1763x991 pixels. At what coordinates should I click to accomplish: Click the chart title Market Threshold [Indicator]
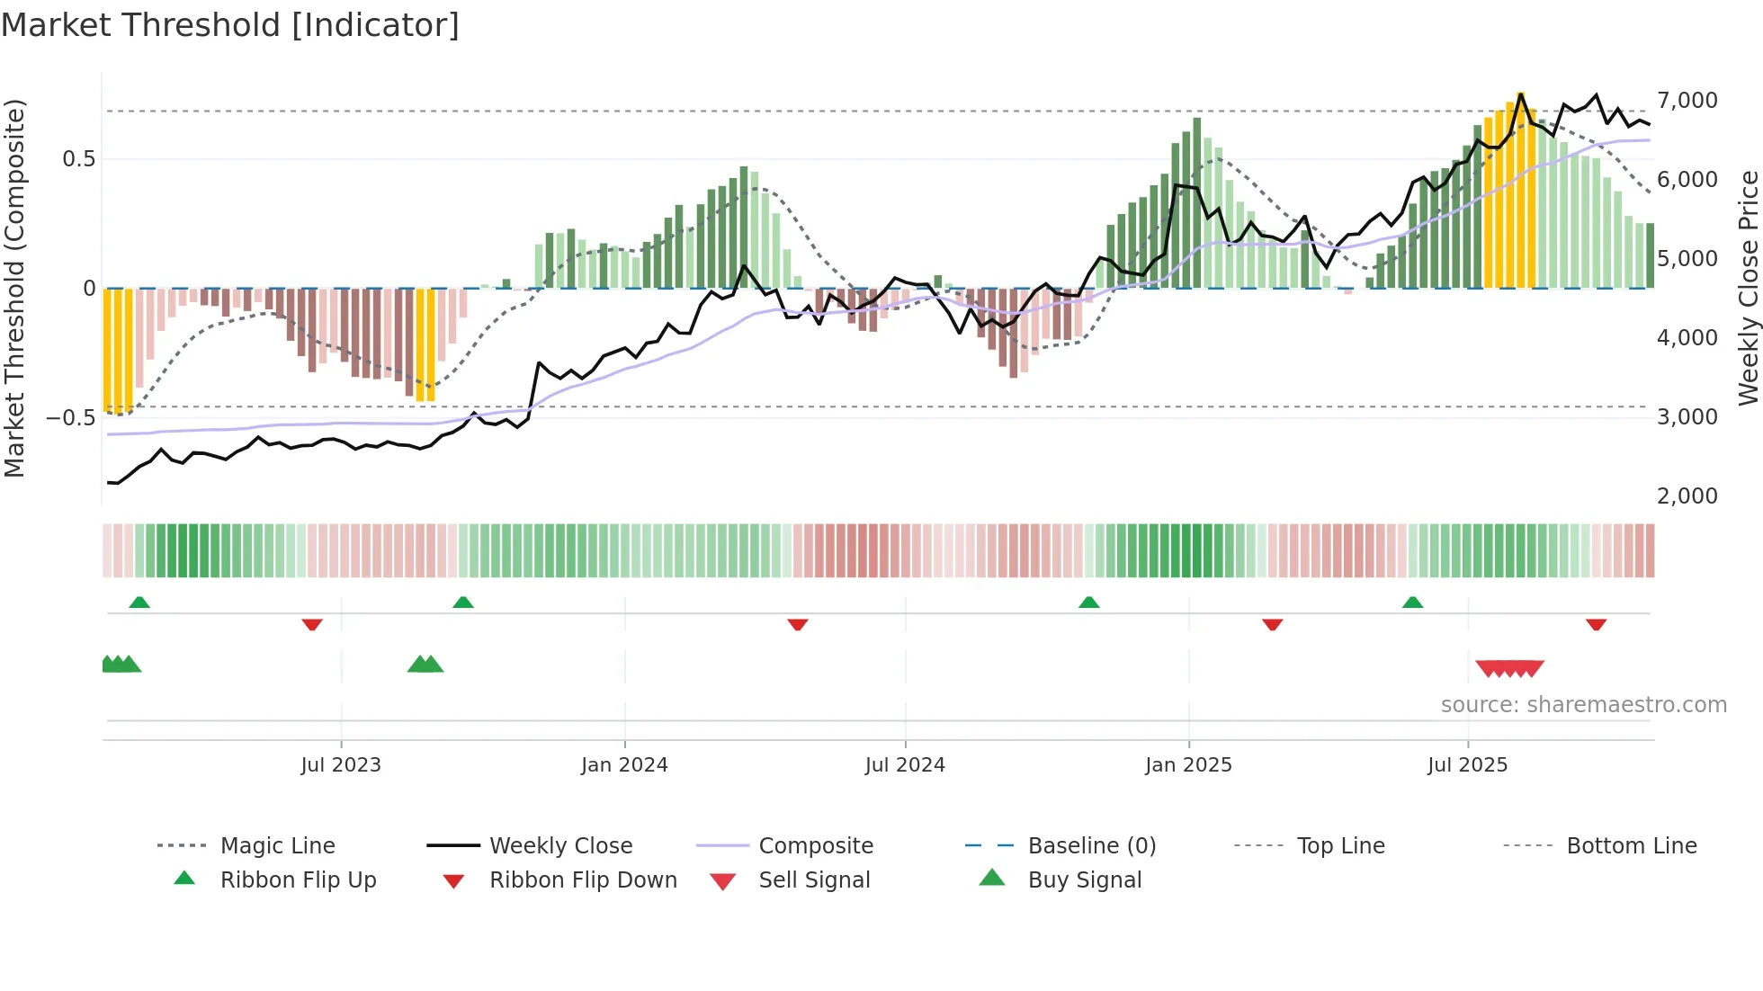(x=230, y=25)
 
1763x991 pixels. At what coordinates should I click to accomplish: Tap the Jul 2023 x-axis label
(x=341, y=765)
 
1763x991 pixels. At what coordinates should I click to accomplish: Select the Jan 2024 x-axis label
(x=624, y=765)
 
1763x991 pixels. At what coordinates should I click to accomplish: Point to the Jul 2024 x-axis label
(x=905, y=765)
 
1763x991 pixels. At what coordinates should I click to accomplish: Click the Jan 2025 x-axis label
(x=1188, y=765)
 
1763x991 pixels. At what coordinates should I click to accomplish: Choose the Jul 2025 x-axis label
(x=1467, y=765)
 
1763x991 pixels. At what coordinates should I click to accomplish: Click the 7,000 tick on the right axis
(x=1687, y=101)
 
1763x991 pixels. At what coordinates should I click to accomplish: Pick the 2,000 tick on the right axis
(x=1687, y=496)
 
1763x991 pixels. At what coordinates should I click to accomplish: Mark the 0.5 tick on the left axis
(x=78, y=159)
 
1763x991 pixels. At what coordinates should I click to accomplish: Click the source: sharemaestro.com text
(x=1583, y=705)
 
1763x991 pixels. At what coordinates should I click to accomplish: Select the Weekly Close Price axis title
(x=1748, y=288)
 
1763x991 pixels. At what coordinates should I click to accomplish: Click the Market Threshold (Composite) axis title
(x=14, y=288)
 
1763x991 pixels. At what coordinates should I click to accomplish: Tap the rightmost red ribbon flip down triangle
(x=1596, y=624)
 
